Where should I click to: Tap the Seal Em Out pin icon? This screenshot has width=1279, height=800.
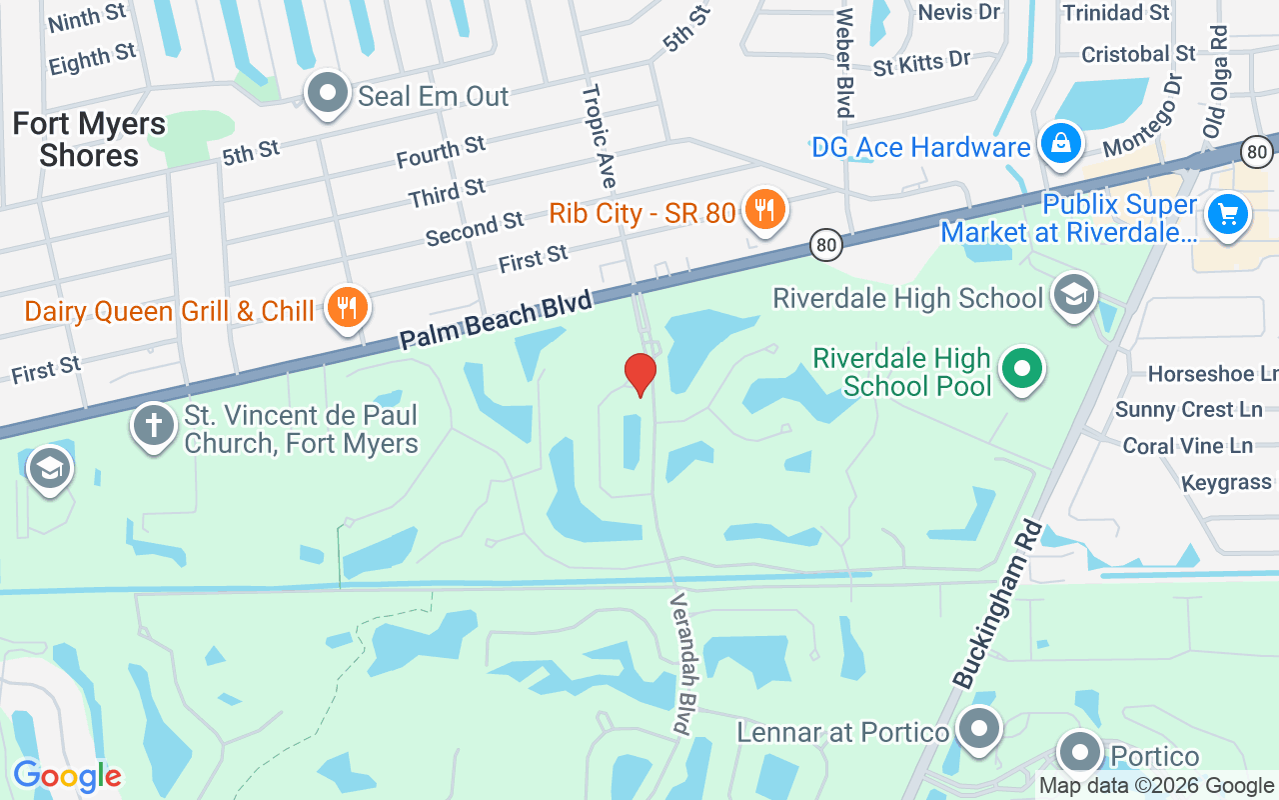click(x=327, y=94)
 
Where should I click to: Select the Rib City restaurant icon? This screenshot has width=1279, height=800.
click(x=764, y=210)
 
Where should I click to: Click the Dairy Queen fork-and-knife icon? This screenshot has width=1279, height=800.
click(x=347, y=309)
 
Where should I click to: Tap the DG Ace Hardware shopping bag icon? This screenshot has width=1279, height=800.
click(x=1060, y=145)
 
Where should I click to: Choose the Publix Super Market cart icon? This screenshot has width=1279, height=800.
click(x=1227, y=215)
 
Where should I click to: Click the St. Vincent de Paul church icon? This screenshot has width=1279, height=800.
click(x=153, y=425)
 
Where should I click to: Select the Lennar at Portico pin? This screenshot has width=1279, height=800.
click(x=979, y=729)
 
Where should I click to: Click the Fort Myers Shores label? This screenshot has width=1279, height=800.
click(x=89, y=140)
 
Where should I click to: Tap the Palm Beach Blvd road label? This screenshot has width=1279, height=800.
click(x=496, y=318)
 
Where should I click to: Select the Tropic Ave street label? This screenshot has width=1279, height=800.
click(x=600, y=135)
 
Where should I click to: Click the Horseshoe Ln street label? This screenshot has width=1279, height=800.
click(x=1212, y=374)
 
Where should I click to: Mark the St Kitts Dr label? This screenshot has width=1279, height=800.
click(x=921, y=64)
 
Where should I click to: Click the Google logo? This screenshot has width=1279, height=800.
click(x=67, y=776)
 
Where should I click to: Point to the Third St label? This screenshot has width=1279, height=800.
click(x=447, y=193)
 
